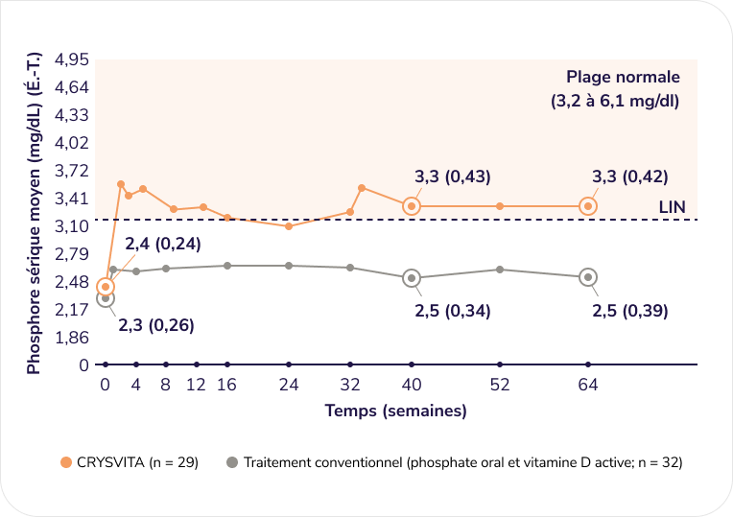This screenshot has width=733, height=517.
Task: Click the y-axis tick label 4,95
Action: coord(73,59)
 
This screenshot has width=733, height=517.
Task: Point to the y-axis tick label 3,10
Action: coord(73,226)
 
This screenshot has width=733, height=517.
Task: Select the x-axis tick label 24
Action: coord(289,385)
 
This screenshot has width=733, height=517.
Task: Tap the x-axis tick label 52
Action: coord(500,385)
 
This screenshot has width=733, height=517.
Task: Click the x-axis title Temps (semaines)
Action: coord(395,411)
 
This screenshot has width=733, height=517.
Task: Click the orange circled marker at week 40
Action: coord(412,206)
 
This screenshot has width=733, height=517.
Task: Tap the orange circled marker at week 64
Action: coord(588,206)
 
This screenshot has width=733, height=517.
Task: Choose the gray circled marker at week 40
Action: coord(412,278)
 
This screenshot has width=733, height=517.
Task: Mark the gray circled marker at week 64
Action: coord(588,277)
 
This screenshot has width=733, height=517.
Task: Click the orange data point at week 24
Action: coord(289,225)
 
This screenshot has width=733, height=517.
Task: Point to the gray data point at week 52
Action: coord(500,270)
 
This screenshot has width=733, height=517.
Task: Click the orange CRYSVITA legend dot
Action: coord(66,462)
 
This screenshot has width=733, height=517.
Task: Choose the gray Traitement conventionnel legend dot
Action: coord(231,462)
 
